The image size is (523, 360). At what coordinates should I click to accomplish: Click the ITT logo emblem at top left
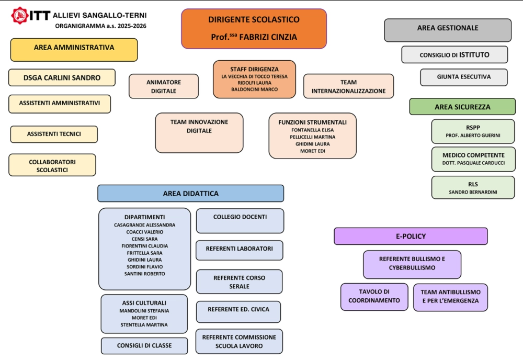coord(20,16)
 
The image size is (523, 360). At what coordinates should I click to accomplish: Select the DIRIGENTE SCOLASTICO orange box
coord(254,29)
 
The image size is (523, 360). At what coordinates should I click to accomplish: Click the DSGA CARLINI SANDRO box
coord(62,77)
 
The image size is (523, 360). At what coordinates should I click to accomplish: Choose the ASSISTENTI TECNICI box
coord(54,134)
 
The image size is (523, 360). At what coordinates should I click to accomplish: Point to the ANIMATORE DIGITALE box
coord(164,86)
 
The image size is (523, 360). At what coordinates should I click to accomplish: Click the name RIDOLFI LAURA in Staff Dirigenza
coord(254,83)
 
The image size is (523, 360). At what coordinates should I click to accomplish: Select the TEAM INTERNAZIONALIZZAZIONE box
coord(348,86)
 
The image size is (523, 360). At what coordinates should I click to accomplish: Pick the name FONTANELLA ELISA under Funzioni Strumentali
coord(312,130)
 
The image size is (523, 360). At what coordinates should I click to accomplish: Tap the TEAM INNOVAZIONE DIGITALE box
coord(199,133)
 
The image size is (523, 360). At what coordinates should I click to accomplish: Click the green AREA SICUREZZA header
coord(462,107)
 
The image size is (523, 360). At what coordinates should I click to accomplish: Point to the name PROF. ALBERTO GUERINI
coord(473,136)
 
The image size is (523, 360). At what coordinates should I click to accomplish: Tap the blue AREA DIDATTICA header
coord(190,193)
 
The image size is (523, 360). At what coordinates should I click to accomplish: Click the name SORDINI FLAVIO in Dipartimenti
coord(144,267)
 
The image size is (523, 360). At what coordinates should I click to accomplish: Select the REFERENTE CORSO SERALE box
coord(239,282)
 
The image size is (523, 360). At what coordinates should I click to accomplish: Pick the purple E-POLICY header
coord(411,236)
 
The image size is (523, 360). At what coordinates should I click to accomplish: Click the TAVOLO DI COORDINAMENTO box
coord(374,297)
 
